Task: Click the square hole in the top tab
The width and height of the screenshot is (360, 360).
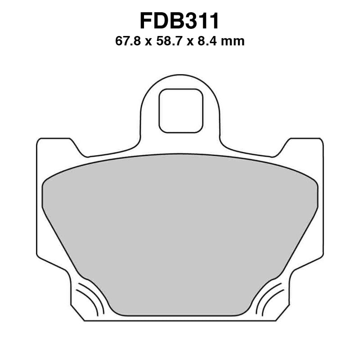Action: click(180, 110)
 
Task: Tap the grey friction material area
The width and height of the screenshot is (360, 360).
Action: click(180, 234)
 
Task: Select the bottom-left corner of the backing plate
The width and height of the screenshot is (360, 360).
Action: click(85, 319)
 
